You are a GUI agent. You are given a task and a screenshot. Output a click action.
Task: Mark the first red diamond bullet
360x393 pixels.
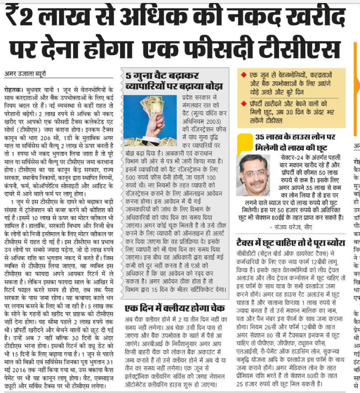(x=243, y=74)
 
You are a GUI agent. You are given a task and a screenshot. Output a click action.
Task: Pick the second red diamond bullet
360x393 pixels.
(x=243, y=102)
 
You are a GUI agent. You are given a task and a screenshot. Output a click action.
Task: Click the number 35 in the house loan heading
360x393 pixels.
(x=260, y=137)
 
